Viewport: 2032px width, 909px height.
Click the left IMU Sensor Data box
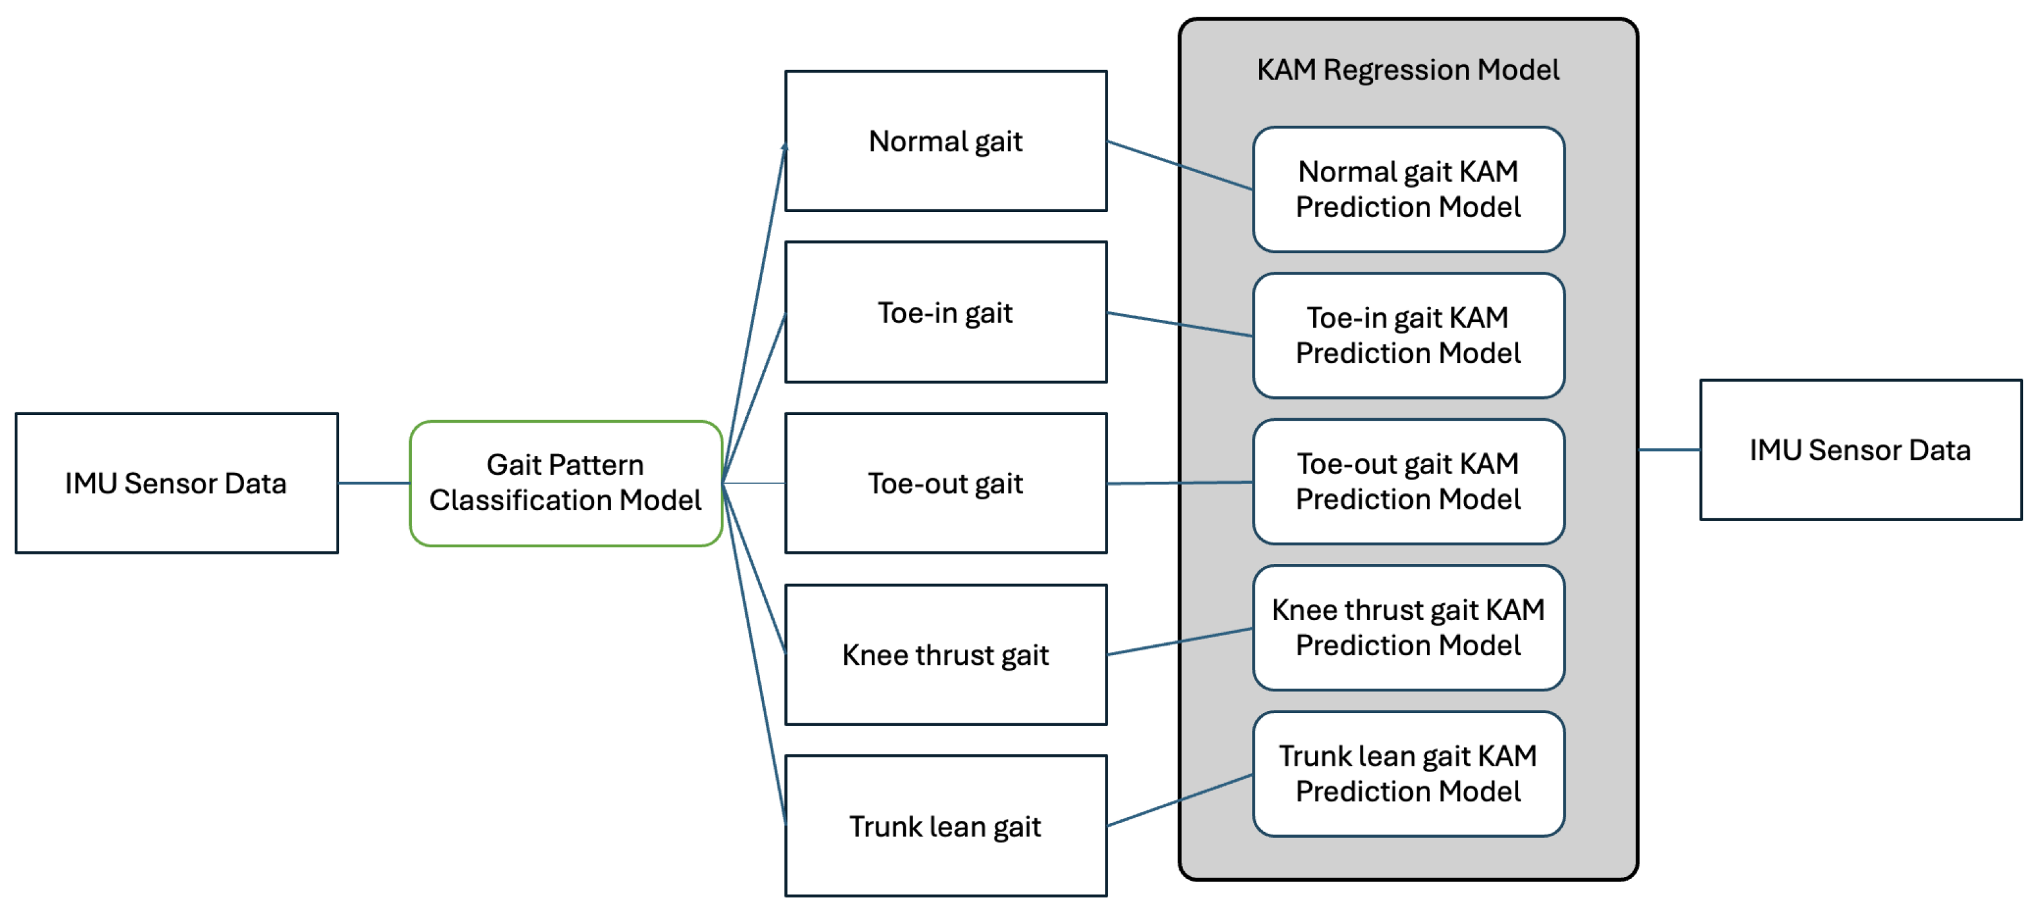click(x=177, y=483)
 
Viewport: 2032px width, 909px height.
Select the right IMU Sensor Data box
click(x=1860, y=450)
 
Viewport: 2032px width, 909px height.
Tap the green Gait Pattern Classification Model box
click(x=565, y=483)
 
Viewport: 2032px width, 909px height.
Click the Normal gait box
click(x=946, y=141)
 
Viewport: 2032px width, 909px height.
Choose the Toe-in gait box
click(x=946, y=312)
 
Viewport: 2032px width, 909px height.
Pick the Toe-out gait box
click(x=946, y=483)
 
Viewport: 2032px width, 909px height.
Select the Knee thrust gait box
click(x=946, y=654)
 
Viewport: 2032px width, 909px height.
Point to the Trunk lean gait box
click(x=946, y=825)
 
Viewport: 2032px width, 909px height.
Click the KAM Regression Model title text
click(x=1408, y=69)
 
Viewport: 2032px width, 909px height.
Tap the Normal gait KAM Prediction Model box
click(x=1408, y=190)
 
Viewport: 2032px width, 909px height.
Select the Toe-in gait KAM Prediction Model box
click(x=1408, y=335)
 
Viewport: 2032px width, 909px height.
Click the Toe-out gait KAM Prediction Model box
click(x=1408, y=481)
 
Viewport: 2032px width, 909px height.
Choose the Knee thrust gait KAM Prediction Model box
click(x=1408, y=627)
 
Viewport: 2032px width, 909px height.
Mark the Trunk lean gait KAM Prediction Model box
click(x=1408, y=773)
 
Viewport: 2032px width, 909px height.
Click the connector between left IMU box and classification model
click(x=374, y=483)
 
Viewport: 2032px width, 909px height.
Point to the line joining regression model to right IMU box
click(x=1669, y=450)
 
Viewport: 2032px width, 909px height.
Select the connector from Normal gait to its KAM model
click(x=1180, y=166)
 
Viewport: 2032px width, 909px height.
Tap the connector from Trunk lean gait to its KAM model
click(x=1180, y=800)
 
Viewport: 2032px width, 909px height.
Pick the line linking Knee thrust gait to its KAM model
click(x=1180, y=642)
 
